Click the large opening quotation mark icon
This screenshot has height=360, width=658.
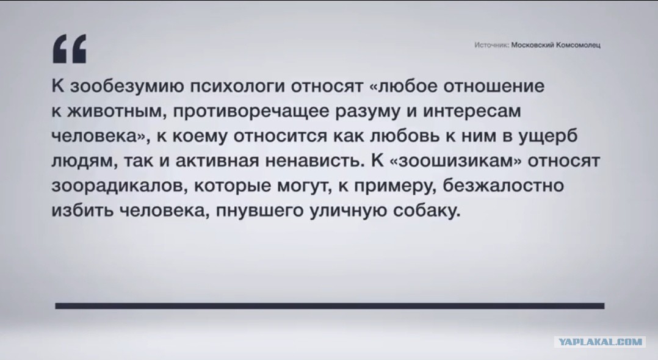click(70, 49)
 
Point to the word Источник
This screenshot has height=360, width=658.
click(491, 45)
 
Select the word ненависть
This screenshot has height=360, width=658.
click(314, 161)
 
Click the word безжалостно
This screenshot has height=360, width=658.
click(504, 186)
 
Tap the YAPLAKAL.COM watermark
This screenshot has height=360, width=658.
click(600, 342)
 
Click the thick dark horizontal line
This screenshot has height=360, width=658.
click(330, 306)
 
